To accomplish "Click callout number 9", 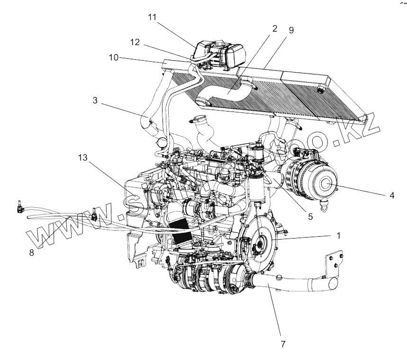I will point(291,30).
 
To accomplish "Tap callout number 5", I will point(311,217).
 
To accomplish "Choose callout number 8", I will point(32,253).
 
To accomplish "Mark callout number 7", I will point(283,344).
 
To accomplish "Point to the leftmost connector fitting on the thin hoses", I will point(19,207).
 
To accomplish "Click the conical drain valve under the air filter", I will point(323,207).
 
